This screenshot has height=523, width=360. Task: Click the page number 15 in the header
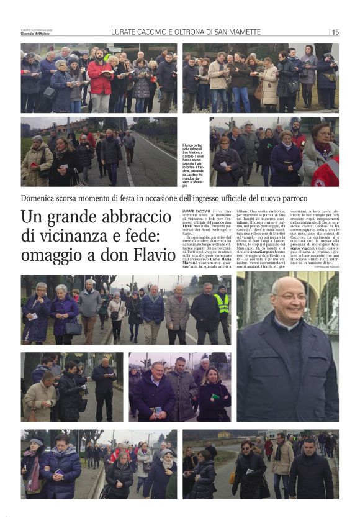[x=335, y=32]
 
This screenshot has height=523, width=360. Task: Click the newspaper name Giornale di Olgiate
[x=37, y=34]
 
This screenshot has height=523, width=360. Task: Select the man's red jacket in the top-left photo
[x=99, y=78]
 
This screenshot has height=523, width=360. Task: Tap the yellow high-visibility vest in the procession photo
[x=222, y=303]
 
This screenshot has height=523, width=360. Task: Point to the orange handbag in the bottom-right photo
[x=233, y=477]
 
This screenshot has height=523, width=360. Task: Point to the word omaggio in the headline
[x=52, y=256]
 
